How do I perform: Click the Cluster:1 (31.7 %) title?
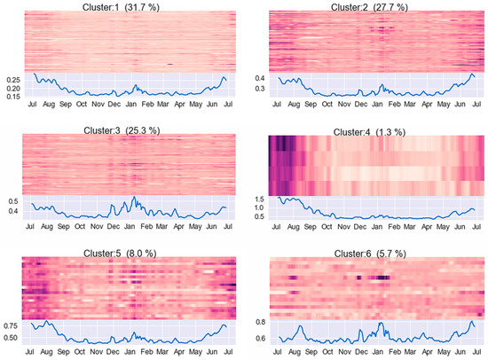(x=121, y=7)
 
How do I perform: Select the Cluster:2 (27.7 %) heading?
(x=369, y=7)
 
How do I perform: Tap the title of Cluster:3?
(x=122, y=130)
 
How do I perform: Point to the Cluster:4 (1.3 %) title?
(x=369, y=132)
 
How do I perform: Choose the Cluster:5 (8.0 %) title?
(x=120, y=254)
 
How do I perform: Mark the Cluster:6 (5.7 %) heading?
(x=370, y=254)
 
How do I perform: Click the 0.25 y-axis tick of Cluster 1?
(x=13, y=80)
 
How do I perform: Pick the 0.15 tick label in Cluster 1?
(x=13, y=97)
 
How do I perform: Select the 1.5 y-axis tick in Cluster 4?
(x=259, y=200)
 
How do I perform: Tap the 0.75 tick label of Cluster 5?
(x=11, y=326)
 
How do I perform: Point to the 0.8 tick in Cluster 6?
(x=261, y=322)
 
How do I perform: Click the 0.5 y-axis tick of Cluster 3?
(x=13, y=201)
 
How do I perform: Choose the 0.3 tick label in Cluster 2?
(x=260, y=89)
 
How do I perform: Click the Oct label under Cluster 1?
(x=82, y=104)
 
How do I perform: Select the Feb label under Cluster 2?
(x=394, y=104)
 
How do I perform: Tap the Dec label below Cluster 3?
(x=114, y=226)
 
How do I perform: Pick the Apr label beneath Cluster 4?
(x=427, y=227)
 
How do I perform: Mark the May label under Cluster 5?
(x=195, y=352)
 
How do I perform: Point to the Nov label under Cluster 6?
(x=344, y=352)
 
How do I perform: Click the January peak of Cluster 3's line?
(x=134, y=197)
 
